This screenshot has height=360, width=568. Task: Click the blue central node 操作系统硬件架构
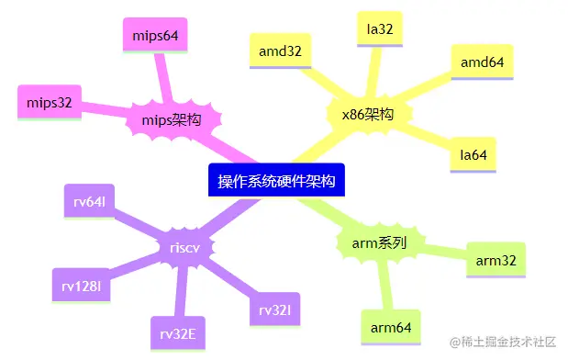[276, 181]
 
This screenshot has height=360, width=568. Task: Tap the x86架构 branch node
[361, 115]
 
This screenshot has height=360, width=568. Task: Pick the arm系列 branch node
[379, 242]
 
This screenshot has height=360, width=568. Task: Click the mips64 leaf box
[154, 37]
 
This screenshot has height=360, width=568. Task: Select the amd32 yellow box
[280, 51]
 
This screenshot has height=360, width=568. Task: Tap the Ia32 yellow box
[379, 29]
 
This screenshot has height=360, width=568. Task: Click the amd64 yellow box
[482, 62]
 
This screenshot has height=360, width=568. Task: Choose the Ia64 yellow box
[473, 155]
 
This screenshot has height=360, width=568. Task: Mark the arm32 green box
[496, 261]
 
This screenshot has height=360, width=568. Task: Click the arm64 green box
[391, 327]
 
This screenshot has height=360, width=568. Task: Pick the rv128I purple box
[82, 286]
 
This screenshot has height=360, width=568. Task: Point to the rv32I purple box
[273, 310]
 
